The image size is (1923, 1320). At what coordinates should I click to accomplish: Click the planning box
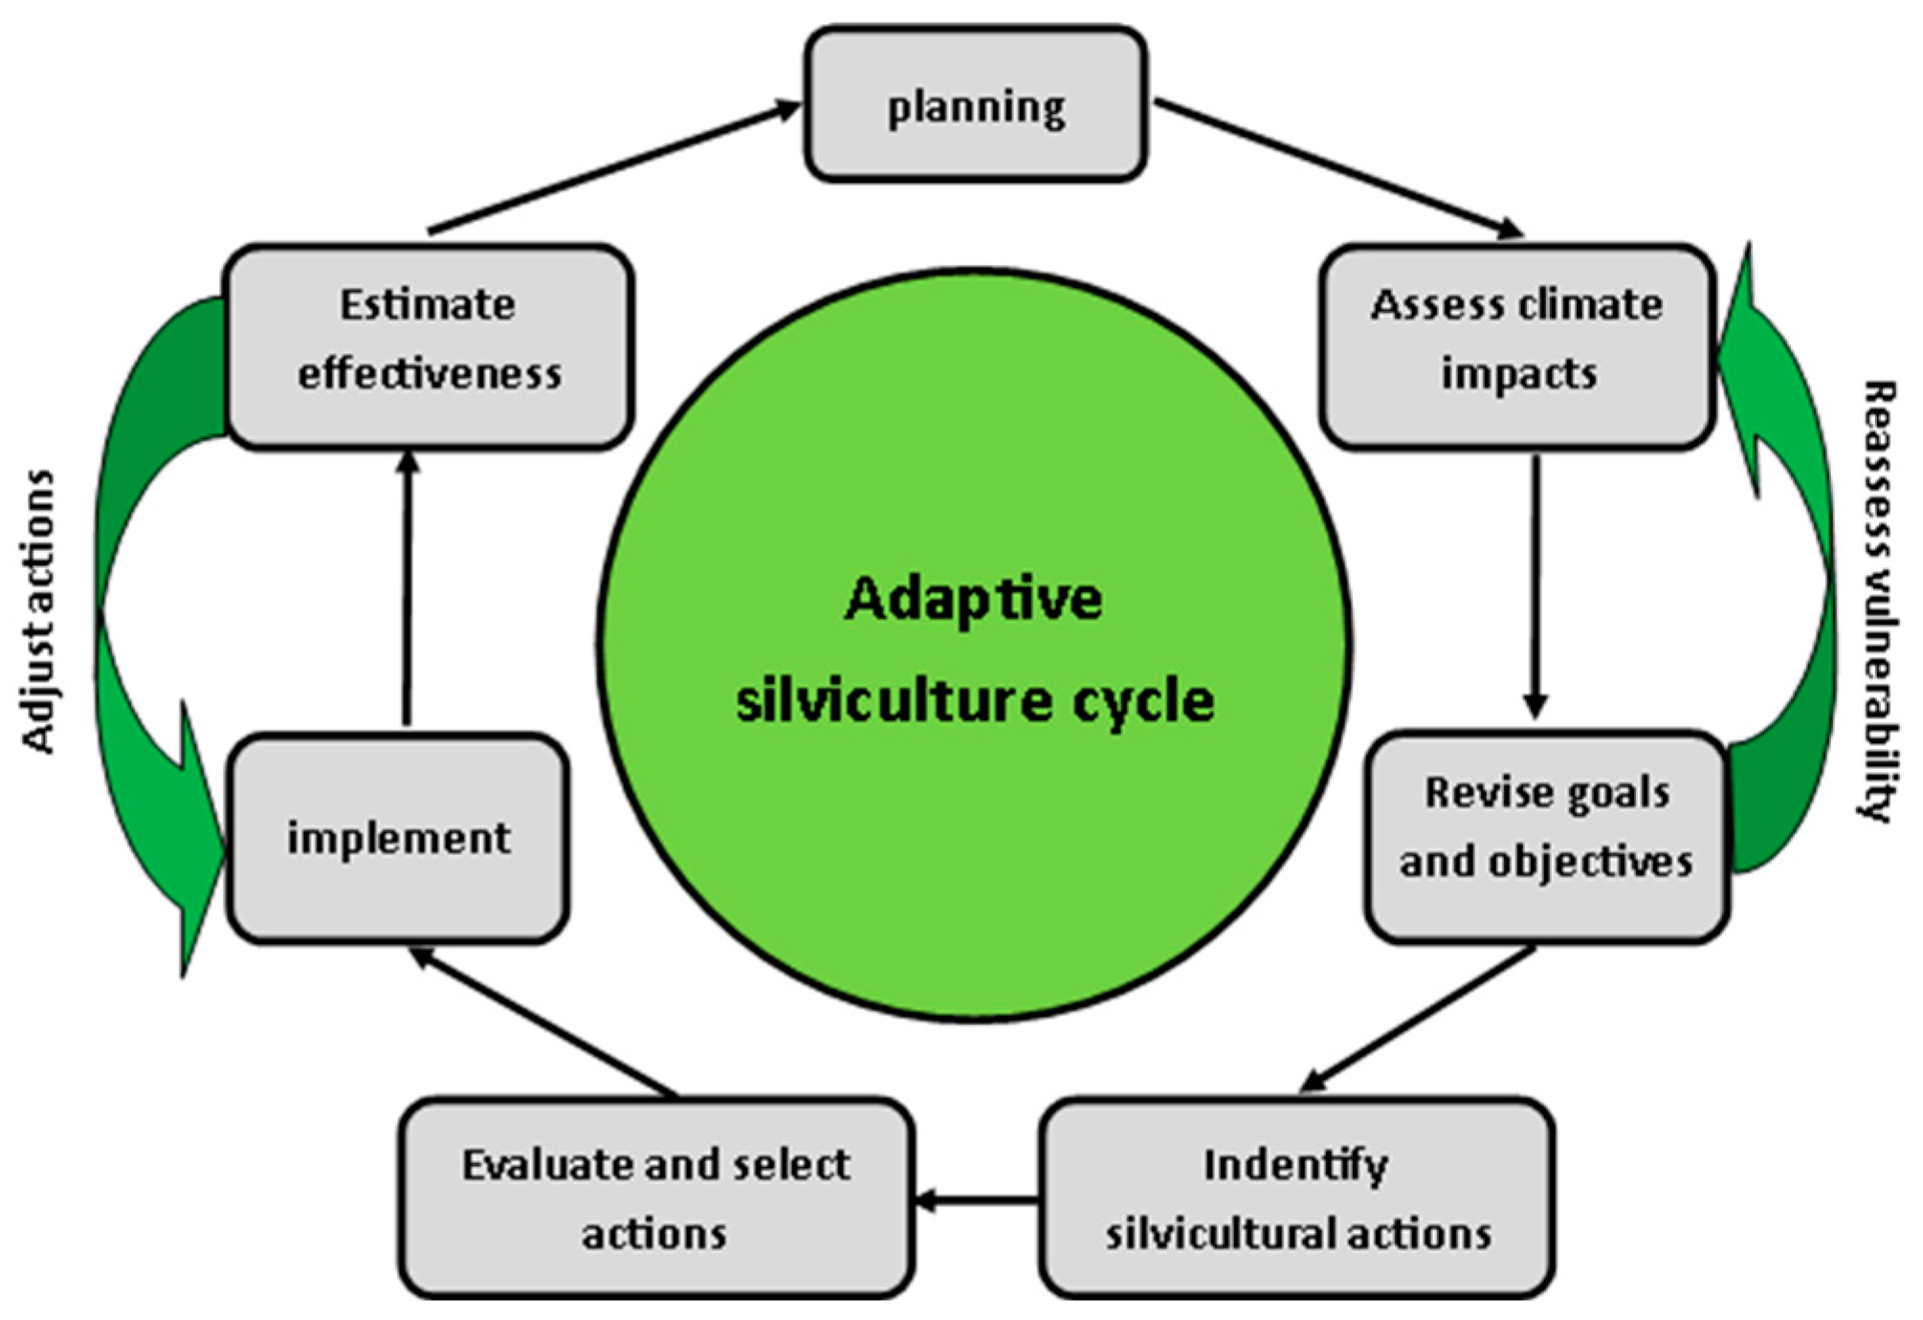coord(975,104)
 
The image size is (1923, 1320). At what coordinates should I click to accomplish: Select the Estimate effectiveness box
coord(428,345)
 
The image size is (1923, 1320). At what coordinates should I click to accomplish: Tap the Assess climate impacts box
coord(1517,345)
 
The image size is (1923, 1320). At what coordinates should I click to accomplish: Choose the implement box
coord(398,838)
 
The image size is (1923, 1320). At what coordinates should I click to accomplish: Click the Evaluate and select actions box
coord(656,1198)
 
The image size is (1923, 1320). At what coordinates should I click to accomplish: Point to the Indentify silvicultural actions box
coord(1296,1198)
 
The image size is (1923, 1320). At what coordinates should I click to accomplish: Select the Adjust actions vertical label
coord(38,612)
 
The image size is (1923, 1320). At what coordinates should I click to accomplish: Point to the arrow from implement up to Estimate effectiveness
coord(408,588)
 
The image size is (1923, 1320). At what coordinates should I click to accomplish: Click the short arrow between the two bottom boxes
coord(976,1199)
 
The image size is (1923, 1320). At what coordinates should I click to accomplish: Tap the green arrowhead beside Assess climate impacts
coord(1746,363)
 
